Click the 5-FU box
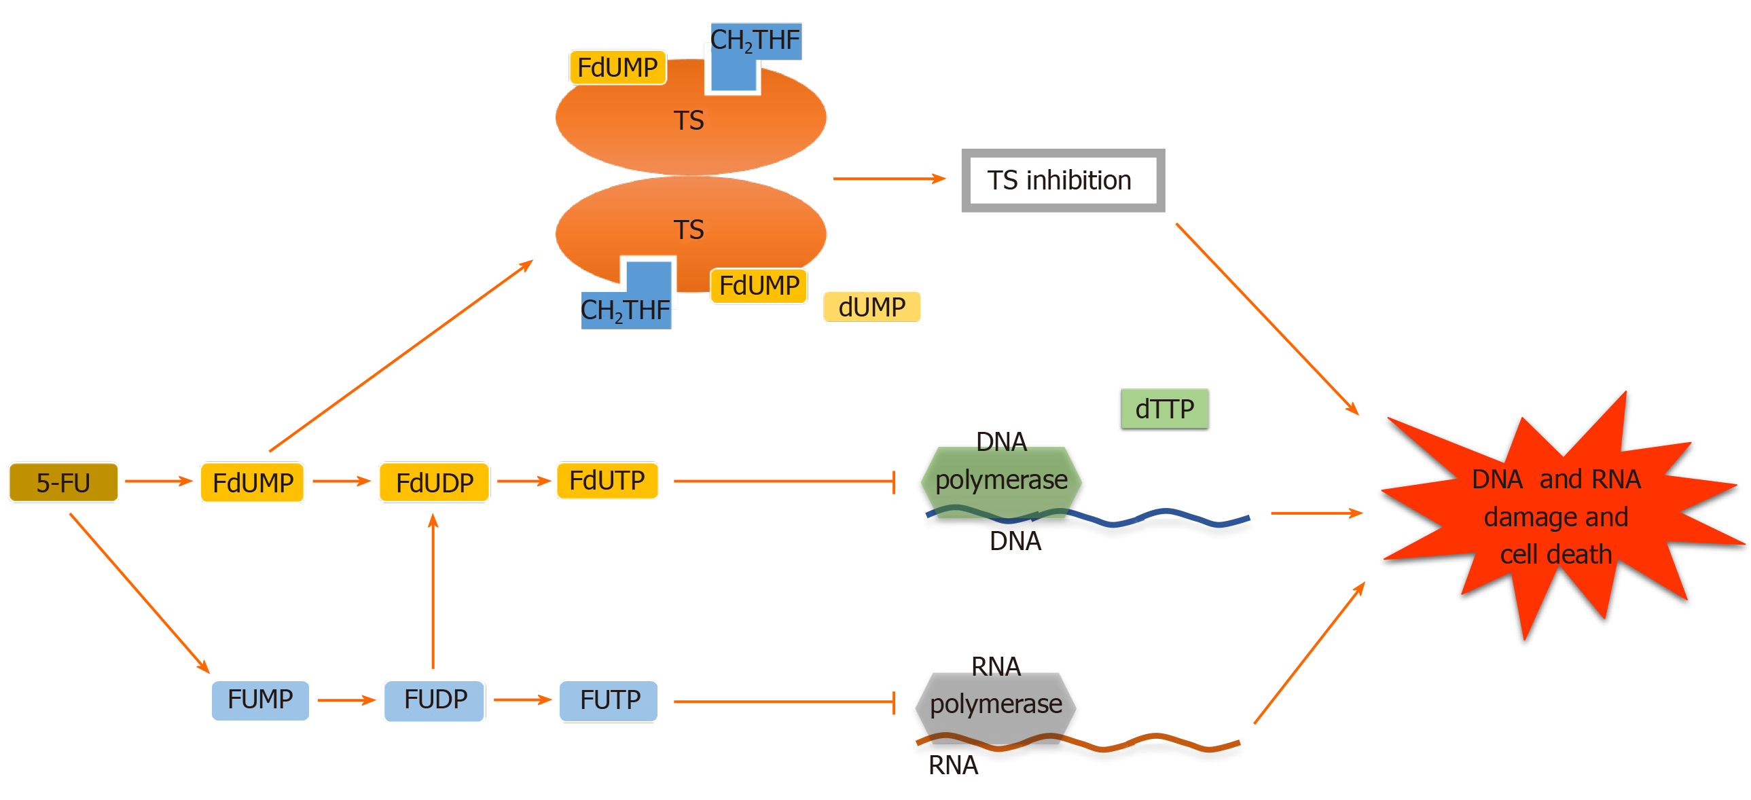(63, 482)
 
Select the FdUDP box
(433, 482)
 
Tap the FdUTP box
(607, 480)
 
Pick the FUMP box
(259, 699)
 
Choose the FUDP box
(434, 699)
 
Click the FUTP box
(609, 700)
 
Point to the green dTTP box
(1164, 409)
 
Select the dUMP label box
(871, 306)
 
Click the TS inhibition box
(1062, 180)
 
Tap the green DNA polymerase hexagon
(1000, 481)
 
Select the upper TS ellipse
(690, 121)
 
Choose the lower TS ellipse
(690, 230)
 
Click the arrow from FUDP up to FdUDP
(433, 592)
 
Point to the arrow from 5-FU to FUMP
(139, 593)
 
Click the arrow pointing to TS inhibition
(888, 178)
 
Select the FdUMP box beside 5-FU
(252, 482)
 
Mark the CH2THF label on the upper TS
(755, 41)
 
